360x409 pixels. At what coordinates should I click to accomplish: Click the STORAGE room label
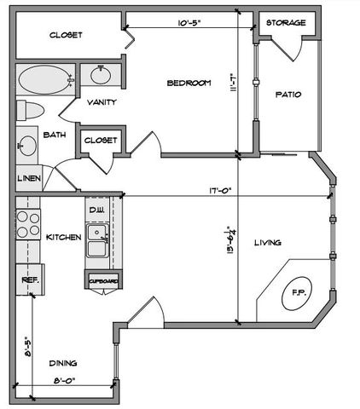pos(286,23)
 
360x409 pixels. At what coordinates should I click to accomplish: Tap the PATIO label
pos(288,95)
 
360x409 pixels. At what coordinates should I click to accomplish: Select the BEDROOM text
pos(189,83)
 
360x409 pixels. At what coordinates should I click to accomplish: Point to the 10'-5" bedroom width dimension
pos(189,23)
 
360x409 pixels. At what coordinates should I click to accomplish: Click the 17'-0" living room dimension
pos(219,190)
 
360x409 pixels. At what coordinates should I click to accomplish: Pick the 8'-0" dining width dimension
pos(64,381)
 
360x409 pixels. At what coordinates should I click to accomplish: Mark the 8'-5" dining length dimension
pos(27,346)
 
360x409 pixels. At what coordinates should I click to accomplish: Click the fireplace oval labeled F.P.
pos(297,293)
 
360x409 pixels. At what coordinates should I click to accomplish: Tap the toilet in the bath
pos(30,110)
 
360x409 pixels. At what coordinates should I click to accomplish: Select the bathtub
pos(45,79)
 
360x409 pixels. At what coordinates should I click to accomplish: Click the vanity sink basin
pos(101,75)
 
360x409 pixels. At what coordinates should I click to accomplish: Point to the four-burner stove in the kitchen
pos(28,224)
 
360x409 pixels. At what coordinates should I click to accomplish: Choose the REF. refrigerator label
pos(31,279)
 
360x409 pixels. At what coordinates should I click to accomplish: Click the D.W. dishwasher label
pos(96,210)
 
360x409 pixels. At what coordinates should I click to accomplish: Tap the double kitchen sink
pos(97,240)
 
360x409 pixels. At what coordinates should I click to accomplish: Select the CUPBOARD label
pos(103,281)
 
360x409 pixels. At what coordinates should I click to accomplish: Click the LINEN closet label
pos(29,178)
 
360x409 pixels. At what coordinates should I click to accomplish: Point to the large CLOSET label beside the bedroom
pos(66,35)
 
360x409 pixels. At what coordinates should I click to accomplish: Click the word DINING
pos(63,363)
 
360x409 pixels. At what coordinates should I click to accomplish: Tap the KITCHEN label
pos(64,237)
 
